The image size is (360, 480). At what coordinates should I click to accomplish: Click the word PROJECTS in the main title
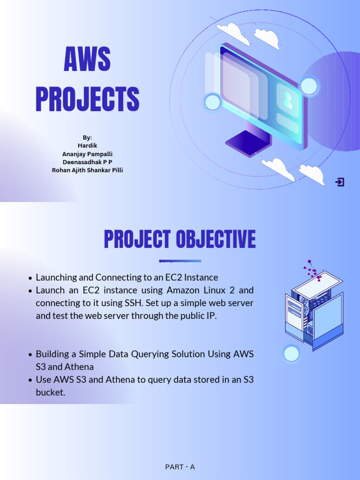point(87,99)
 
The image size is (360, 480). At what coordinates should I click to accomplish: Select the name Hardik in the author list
point(87,145)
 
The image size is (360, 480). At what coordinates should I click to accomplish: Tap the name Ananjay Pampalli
point(87,154)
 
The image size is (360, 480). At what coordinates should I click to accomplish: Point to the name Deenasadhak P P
point(87,162)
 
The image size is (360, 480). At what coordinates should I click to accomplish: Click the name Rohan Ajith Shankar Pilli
point(87,170)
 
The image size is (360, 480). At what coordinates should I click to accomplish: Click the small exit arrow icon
point(340,182)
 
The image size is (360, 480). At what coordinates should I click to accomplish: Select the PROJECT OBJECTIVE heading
point(180,240)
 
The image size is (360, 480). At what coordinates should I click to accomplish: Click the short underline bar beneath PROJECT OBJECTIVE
point(180,261)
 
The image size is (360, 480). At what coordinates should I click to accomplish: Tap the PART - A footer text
point(180,467)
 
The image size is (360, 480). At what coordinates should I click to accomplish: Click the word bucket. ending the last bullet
point(50,392)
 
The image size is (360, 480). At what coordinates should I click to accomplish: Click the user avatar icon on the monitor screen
point(287,99)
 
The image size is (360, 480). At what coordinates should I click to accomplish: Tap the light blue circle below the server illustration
point(292,354)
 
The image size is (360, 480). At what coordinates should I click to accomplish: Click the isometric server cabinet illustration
point(313,309)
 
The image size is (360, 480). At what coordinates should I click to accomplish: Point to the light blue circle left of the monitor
point(213,102)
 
